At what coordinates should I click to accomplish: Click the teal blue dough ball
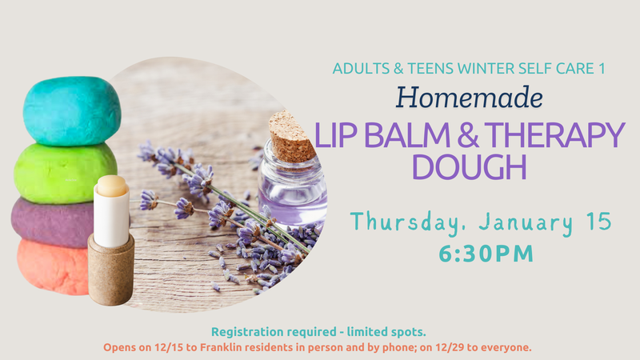tap(70, 111)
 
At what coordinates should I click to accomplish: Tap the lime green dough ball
tap(64, 171)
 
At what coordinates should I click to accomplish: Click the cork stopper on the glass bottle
tap(293, 137)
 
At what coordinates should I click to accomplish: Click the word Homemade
tap(470, 98)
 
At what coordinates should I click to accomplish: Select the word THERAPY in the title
tap(561, 137)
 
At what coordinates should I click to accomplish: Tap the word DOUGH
tap(470, 167)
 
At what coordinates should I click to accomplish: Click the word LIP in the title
tap(339, 137)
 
